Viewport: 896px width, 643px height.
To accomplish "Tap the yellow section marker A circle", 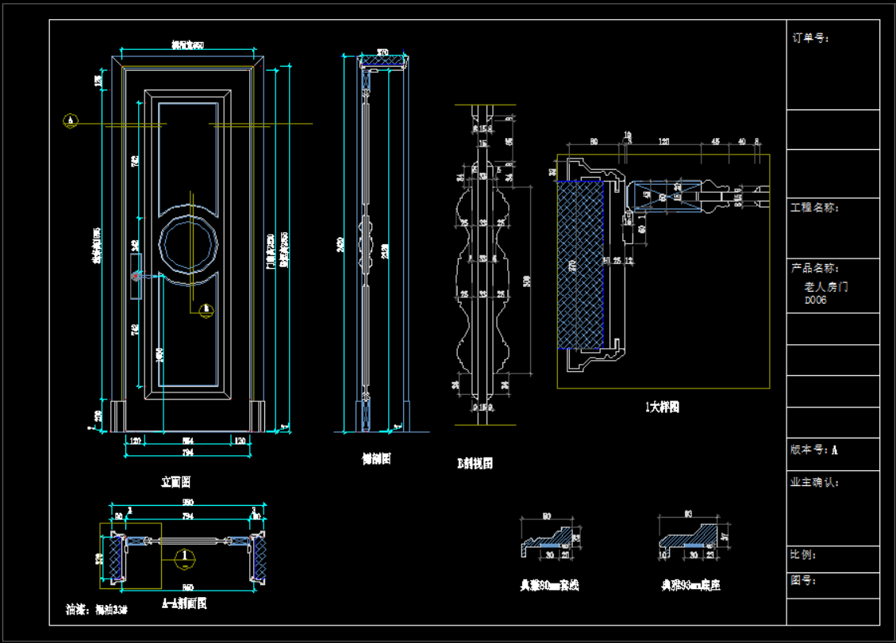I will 71,121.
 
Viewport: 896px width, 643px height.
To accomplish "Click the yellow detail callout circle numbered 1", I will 184,557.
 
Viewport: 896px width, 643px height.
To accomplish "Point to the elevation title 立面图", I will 175,481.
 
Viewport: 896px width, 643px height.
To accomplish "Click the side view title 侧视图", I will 375,458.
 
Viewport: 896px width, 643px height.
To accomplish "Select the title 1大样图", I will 662,408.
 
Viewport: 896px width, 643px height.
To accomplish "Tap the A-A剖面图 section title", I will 184,603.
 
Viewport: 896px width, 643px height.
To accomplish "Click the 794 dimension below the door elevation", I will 188,453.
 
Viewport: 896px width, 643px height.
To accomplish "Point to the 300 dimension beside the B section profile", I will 527,280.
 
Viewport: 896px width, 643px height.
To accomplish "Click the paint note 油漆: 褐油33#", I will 96,610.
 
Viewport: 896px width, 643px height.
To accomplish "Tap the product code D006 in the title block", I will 815,300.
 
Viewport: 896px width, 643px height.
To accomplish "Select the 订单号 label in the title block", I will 810,37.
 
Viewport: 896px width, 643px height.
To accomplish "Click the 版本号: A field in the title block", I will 813,450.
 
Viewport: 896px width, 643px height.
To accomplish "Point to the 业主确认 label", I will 814,482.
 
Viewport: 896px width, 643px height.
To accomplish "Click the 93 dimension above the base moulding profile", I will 687,514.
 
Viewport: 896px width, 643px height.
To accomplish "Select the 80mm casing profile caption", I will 549,586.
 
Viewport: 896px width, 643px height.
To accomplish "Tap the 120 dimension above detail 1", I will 664,142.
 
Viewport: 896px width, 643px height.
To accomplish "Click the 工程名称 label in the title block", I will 814,208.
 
